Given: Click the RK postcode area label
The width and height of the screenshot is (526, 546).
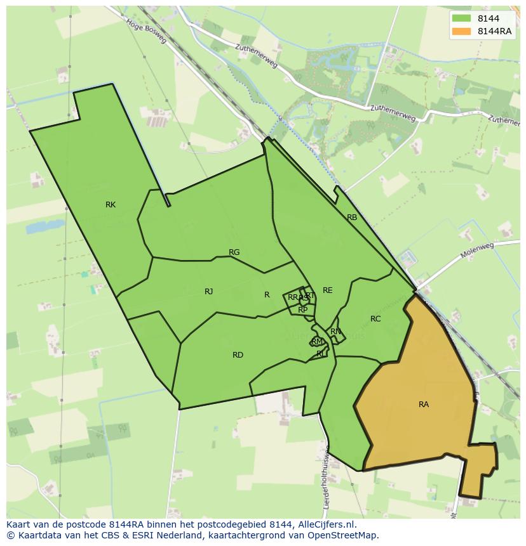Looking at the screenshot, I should (x=111, y=205).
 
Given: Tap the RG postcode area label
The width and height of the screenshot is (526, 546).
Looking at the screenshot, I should (x=234, y=252).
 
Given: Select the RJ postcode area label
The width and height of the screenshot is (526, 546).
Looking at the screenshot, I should (x=208, y=292).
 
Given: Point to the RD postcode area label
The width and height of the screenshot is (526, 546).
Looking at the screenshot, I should (x=238, y=355).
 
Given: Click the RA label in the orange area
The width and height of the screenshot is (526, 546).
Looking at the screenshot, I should (x=424, y=405).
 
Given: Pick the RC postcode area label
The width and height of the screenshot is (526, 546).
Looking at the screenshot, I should (x=375, y=319).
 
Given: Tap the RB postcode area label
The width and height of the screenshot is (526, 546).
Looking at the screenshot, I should (x=352, y=218).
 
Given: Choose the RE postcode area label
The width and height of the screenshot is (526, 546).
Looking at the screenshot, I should (x=327, y=290).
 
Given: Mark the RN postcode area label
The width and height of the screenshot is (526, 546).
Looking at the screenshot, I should (x=335, y=332).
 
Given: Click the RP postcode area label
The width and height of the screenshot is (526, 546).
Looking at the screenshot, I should (x=303, y=310).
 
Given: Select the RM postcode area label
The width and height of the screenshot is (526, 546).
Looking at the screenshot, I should (x=317, y=342).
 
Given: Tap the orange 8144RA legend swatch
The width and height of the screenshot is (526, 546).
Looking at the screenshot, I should (x=462, y=32).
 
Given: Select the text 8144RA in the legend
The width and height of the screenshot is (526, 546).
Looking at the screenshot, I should (x=496, y=32).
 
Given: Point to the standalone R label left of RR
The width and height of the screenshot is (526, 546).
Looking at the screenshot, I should (x=267, y=295).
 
